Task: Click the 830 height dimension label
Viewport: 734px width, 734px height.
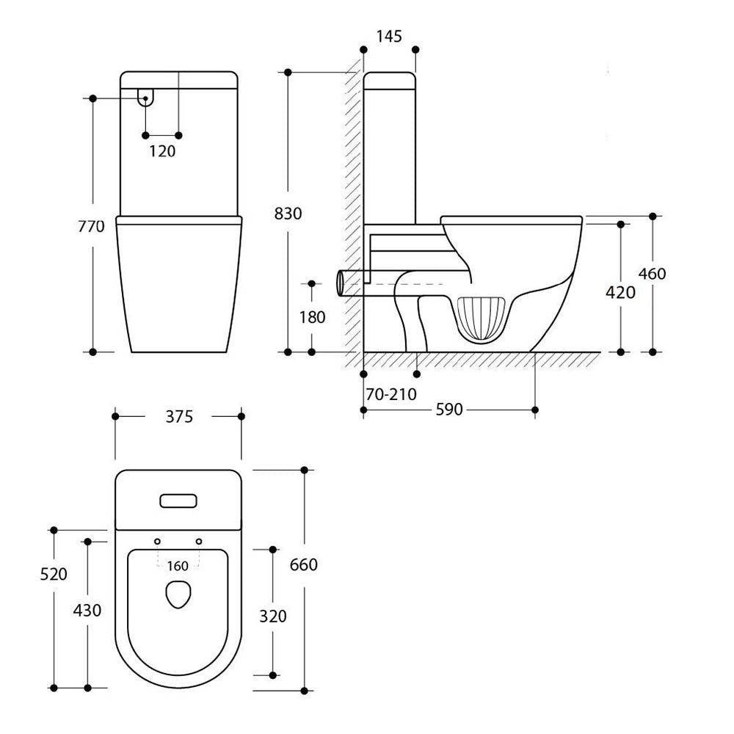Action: click(x=288, y=214)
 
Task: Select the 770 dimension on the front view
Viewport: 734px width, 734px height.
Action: click(x=92, y=227)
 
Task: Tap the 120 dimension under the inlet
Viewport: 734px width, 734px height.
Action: click(x=162, y=151)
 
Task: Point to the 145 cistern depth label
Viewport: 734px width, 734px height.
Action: click(x=389, y=36)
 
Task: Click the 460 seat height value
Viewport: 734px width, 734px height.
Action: click(x=652, y=274)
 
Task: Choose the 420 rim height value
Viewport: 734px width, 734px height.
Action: click(x=620, y=292)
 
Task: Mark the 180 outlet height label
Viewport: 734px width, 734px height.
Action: click(x=312, y=317)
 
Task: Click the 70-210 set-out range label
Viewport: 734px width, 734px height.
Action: click(x=391, y=394)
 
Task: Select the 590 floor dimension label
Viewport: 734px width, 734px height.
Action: click(x=449, y=410)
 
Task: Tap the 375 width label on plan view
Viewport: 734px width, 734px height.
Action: click(x=178, y=417)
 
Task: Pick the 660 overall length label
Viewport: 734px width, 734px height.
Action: click(x=304, y=564)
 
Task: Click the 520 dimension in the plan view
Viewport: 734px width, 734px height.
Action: click(x=54, y=574)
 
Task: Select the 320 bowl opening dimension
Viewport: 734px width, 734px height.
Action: click(x=273, y=617)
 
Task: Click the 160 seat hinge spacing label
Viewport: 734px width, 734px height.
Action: click(x=178, y=565)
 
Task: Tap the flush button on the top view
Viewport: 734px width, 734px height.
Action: click(x=178, y=501)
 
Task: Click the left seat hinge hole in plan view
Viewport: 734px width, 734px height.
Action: click(x=157, y=541)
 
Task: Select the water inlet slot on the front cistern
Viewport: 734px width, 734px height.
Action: click(x=146, y=98)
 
